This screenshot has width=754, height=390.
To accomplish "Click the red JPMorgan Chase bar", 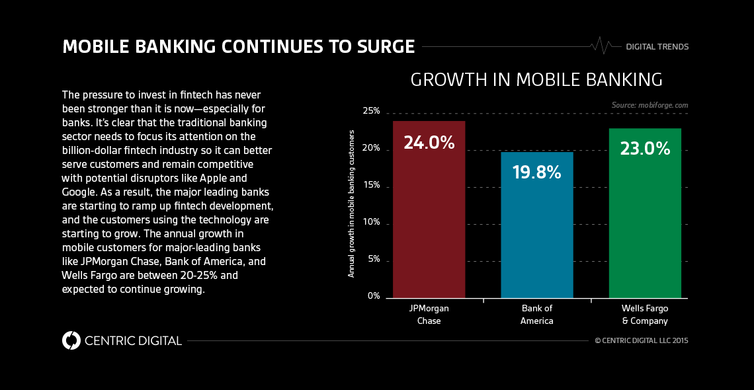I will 429,218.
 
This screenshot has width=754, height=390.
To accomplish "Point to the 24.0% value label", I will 429,142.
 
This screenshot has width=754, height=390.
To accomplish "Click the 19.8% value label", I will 536,173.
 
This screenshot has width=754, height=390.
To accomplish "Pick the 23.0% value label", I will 645,149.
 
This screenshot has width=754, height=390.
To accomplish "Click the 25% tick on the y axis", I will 371,111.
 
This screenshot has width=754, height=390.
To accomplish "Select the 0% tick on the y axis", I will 374,296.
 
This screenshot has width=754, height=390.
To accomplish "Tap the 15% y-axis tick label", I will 371,185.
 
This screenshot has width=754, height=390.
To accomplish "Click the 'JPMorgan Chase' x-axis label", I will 429,315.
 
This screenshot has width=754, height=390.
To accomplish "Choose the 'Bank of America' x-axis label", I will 536,315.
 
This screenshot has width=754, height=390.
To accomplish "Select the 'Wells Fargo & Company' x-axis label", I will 645,315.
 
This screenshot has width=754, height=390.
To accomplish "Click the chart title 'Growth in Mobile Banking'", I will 536,80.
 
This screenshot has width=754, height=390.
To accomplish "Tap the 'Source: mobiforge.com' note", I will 649,105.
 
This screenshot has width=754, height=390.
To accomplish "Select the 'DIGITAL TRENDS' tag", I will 657,47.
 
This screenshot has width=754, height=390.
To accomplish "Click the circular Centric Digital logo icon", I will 71,340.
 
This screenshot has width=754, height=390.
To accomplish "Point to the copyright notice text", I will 642,341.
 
